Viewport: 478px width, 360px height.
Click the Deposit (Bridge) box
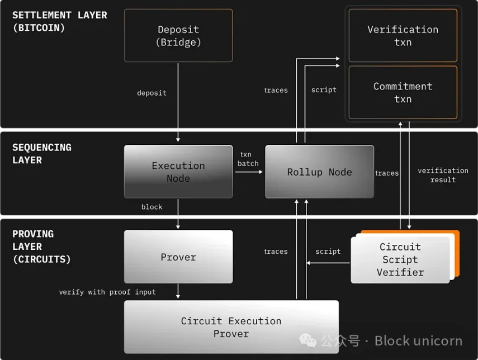point(178,35)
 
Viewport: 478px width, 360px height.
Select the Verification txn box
point(403,35)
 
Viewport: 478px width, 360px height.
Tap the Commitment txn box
point(403,92)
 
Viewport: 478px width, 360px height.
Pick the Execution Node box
point(178,172)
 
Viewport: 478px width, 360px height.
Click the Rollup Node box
point(319,172)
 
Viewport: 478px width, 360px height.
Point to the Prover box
point(178,257)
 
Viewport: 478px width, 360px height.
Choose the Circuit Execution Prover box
point(231,327)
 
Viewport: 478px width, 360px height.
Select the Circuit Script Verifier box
point(400,259)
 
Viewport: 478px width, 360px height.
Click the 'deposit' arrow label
point(152,93)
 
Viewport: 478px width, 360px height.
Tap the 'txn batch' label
point(248,159)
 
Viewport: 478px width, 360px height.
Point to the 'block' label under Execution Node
point(152,207)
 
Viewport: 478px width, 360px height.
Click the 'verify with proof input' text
point(107,292)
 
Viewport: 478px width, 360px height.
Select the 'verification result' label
point(443,175)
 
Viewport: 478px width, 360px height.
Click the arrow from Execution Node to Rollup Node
point(249,172)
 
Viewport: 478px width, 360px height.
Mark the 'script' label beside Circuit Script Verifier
point(328,252)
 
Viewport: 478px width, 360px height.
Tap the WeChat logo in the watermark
point(307,340)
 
